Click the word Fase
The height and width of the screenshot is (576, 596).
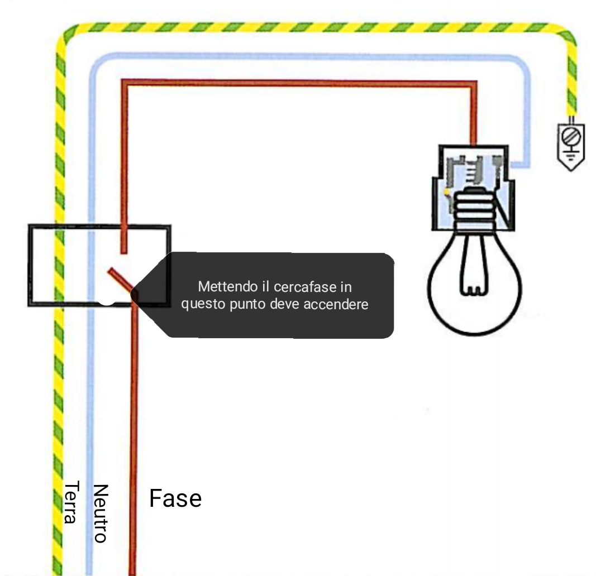(175, 498)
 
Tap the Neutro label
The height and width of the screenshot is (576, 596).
(100, 513)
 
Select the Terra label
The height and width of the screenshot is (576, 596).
(70, 502)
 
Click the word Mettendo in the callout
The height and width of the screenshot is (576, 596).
(221, 287)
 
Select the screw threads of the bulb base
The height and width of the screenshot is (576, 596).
(474, 209)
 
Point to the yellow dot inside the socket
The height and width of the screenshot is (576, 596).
(447, 192)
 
